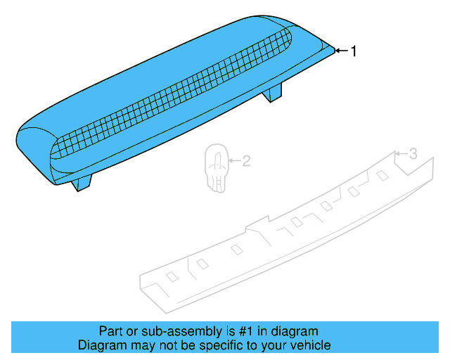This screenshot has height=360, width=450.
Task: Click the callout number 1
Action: pos(354,51)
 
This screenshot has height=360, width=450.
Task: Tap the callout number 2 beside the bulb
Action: pos(247,161)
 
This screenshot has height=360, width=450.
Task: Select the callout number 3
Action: pos(413,153)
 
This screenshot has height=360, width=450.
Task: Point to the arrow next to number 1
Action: pos(342,51)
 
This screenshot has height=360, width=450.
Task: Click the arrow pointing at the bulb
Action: pos(234,160)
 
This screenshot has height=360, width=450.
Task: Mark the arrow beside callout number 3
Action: pos(401,153)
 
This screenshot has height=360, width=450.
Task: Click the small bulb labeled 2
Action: pos(217,168)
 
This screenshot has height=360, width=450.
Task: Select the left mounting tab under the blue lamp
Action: pos(82,182)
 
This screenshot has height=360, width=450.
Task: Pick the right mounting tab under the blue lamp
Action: pos(272,91)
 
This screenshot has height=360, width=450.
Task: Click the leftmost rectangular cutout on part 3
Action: pos(172,276)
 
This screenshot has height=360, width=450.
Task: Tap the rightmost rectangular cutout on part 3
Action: pos(382,175)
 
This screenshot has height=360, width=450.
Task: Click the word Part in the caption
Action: pos(110,331)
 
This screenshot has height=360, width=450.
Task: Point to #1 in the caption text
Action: pos(246,331)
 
